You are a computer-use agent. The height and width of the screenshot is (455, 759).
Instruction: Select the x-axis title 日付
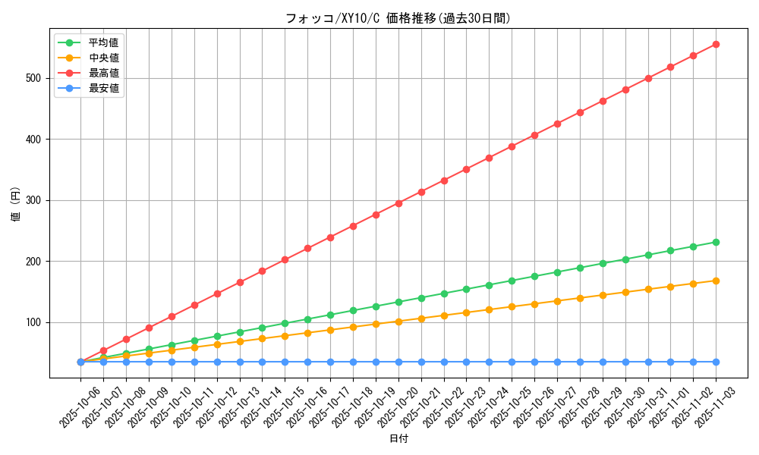[x=398, y=439]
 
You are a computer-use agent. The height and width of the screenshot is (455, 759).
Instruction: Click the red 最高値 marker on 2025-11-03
[x=716, y=44]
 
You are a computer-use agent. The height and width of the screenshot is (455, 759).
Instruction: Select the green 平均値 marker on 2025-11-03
[x=716, y=242]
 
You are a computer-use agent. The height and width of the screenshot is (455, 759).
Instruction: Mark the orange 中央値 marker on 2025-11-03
[x=716, y=281]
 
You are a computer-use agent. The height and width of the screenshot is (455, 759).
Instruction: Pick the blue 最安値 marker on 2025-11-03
[x=716, y=362]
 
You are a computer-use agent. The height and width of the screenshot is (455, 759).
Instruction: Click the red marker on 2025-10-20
[x=398, y=203]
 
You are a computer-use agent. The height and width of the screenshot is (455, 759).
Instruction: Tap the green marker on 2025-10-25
[x=512, y=281]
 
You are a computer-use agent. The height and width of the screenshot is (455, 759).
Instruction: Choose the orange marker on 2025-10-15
[x=285, y=336]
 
